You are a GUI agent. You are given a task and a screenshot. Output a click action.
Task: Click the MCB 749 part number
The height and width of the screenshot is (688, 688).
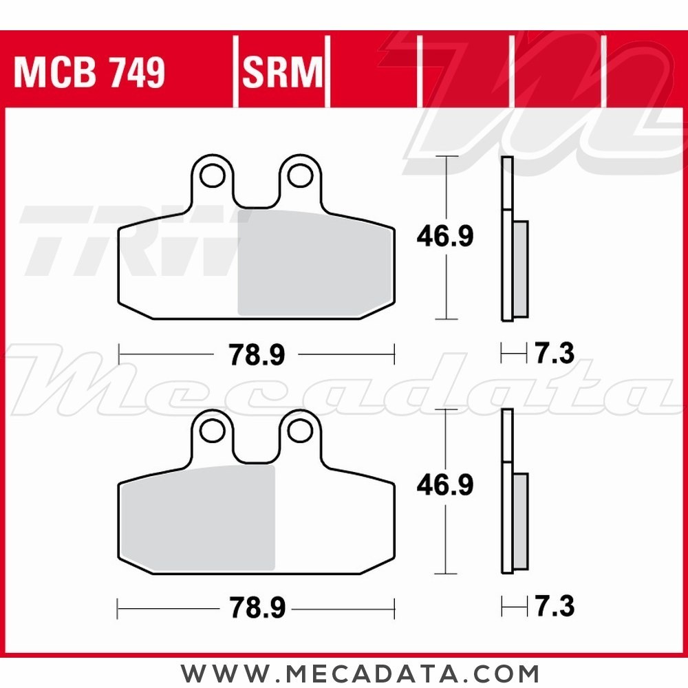pos(89,72)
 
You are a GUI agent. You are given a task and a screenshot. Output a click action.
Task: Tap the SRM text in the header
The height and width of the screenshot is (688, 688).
pos(282,72)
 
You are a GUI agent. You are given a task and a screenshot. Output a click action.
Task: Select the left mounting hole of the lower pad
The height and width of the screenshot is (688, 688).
pos(211,430)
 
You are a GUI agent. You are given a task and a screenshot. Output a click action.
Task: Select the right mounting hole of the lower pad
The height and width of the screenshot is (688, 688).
pos(300,430)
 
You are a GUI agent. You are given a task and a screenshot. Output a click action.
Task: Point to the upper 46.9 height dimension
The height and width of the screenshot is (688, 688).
pos(444,237)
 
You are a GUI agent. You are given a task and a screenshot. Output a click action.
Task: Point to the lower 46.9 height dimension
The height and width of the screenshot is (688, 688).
pos(444,486)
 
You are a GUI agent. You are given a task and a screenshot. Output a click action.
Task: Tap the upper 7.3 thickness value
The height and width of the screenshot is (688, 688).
pos(553,355)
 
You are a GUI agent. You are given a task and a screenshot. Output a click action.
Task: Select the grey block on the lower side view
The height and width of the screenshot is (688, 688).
pos(521,521)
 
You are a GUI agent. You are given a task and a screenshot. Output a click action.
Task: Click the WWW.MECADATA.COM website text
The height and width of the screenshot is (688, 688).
pos(360,671)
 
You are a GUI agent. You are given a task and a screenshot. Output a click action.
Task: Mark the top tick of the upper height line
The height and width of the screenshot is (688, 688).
pos(447,157)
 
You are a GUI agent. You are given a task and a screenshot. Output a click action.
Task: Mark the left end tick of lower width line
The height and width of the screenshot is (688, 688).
pos(119,608)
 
